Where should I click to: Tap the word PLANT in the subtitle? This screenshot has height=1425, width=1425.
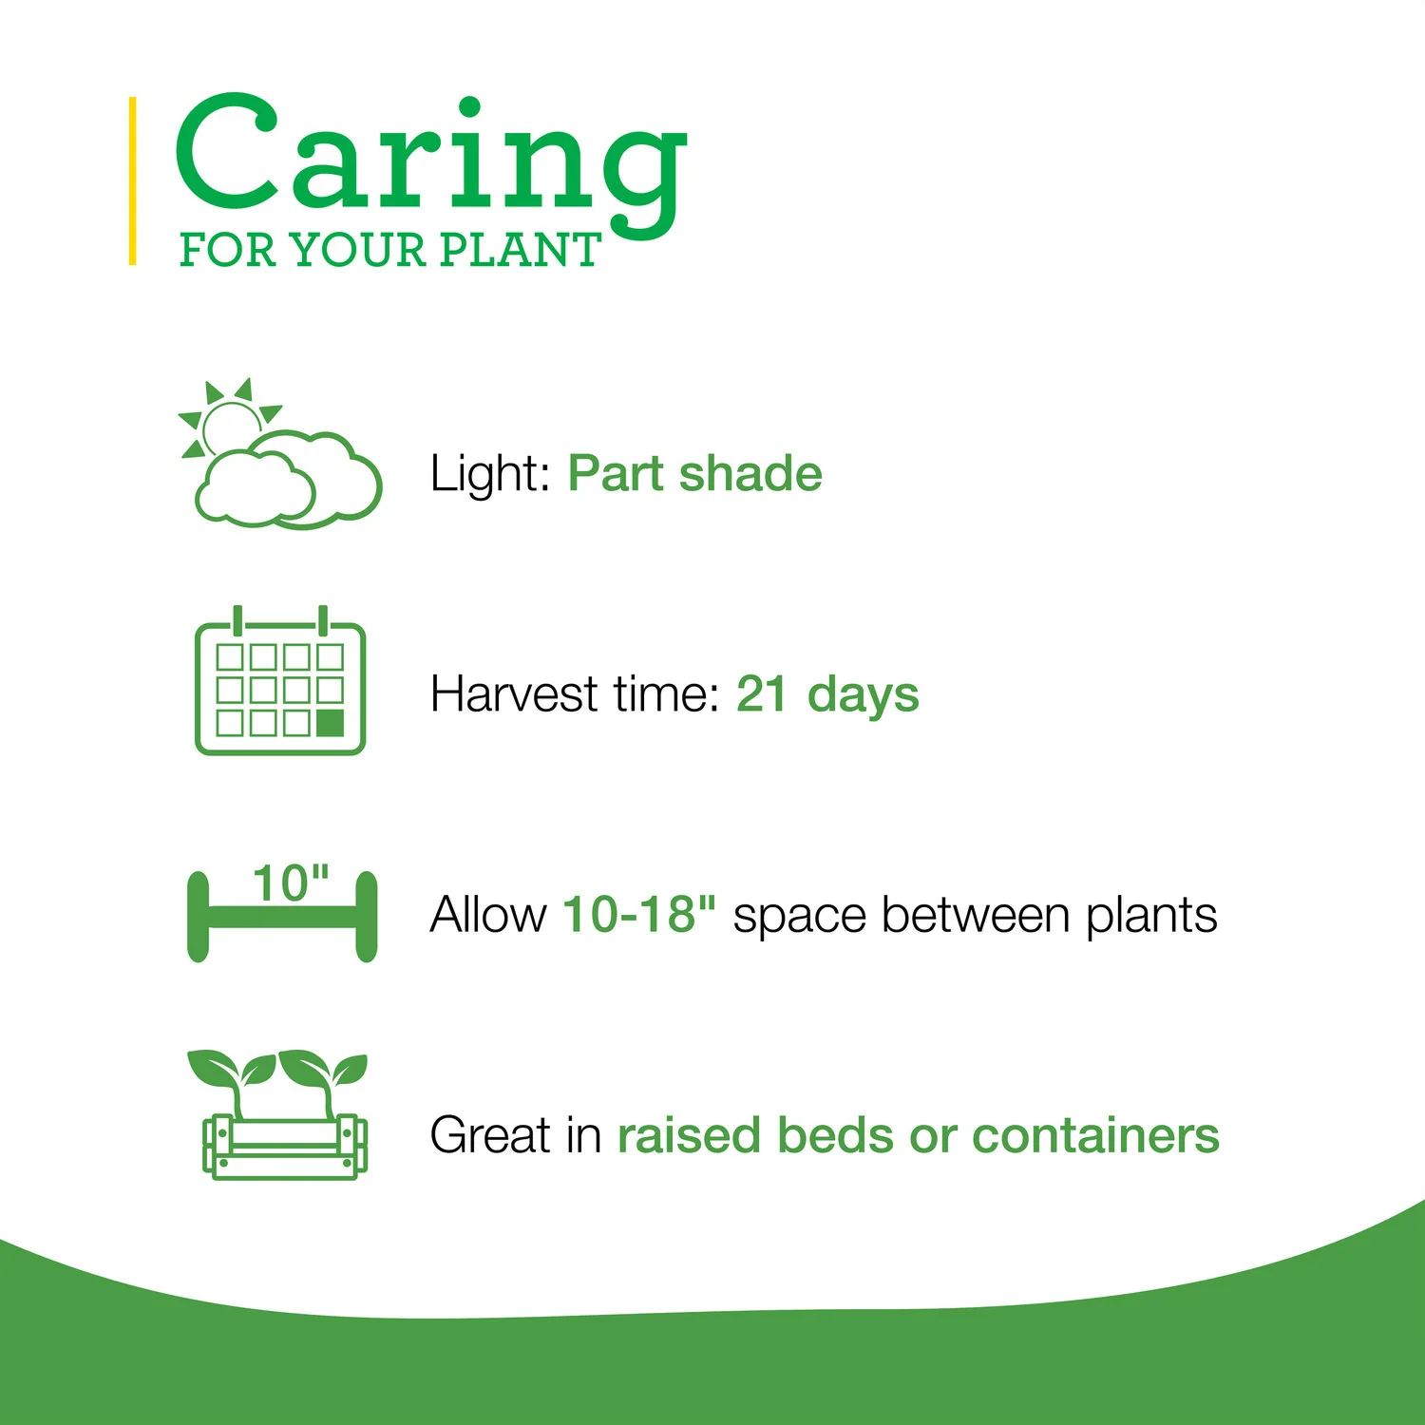(520, 250)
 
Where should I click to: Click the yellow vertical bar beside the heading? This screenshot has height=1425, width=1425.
(133, 180)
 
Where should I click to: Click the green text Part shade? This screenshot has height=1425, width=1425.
(694, 473)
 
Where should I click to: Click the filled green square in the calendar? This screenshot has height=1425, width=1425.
(330, 723)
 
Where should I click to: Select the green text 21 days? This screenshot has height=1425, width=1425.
(827, 694)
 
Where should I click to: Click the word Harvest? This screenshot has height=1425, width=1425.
(514, 693)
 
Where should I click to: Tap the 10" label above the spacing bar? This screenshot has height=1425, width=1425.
(291, 883)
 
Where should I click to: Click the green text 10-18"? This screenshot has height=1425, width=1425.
(638, 914)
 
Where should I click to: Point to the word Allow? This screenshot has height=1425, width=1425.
(488, 914)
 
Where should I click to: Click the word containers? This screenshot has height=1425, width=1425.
(1095, 1135)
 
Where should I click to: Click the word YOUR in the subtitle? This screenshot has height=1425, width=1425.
(358, 250)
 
